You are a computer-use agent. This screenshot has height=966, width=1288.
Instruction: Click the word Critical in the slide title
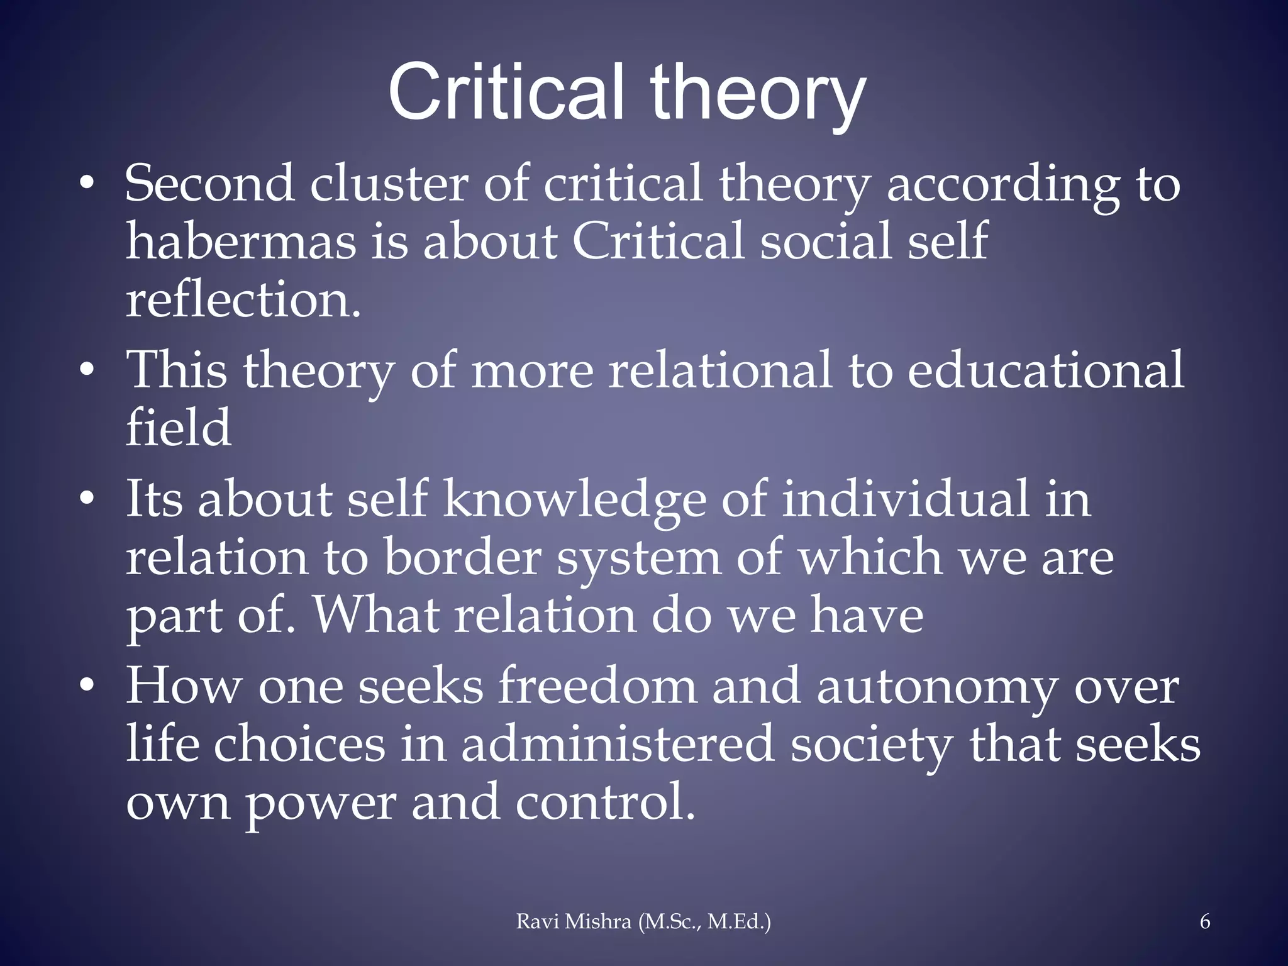pyautogui.click(x=506, y=92)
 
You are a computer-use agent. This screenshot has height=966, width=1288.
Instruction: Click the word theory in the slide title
pyautogui.click(x=757, y=94)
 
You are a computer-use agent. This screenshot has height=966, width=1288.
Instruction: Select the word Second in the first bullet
pyautogui.click(x=209, y=183)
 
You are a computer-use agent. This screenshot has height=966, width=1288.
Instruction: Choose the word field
pyautogui.click(x=179, y=428)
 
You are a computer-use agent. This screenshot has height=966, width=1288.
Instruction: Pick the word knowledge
pyautogui.click(x=575, y=500)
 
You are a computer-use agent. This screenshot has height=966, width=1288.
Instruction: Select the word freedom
pyautogui.click(x=597, y=686)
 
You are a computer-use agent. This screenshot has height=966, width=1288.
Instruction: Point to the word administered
pyautogui.click(x=617, y=745)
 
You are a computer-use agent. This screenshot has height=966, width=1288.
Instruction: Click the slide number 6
pyautogui.click(x=1204, y=921)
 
